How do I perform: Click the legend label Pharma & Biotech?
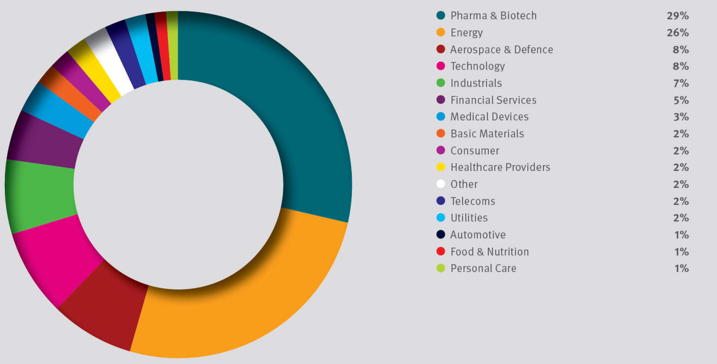493,16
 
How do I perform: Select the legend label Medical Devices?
489,117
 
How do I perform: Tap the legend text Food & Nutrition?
489,252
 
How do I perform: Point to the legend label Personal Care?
483,268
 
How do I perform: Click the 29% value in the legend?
677,16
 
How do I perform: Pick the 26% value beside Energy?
677,33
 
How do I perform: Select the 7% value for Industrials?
681,83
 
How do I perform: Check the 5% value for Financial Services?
681,100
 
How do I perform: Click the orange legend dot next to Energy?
440,32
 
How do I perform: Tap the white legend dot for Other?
440,184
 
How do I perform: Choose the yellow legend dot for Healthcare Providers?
440,167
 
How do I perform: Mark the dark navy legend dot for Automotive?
440,234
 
